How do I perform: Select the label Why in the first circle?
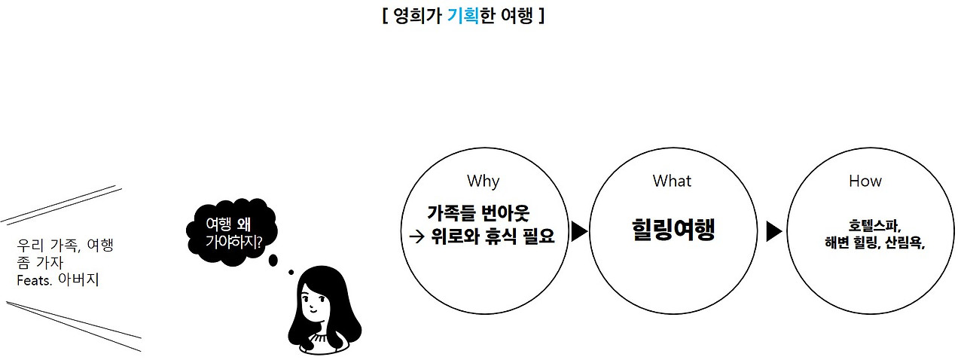click(483, 181)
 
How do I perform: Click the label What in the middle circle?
click(672, 181)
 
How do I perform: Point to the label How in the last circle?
click(865, 181)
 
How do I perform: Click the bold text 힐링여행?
click(673, 230)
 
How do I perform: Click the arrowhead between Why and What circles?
click(579, 231)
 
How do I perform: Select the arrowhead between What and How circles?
click(773, 231)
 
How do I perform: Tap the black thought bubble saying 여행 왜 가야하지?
click(232, 232)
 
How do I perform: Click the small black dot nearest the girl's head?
click(291, 272)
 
